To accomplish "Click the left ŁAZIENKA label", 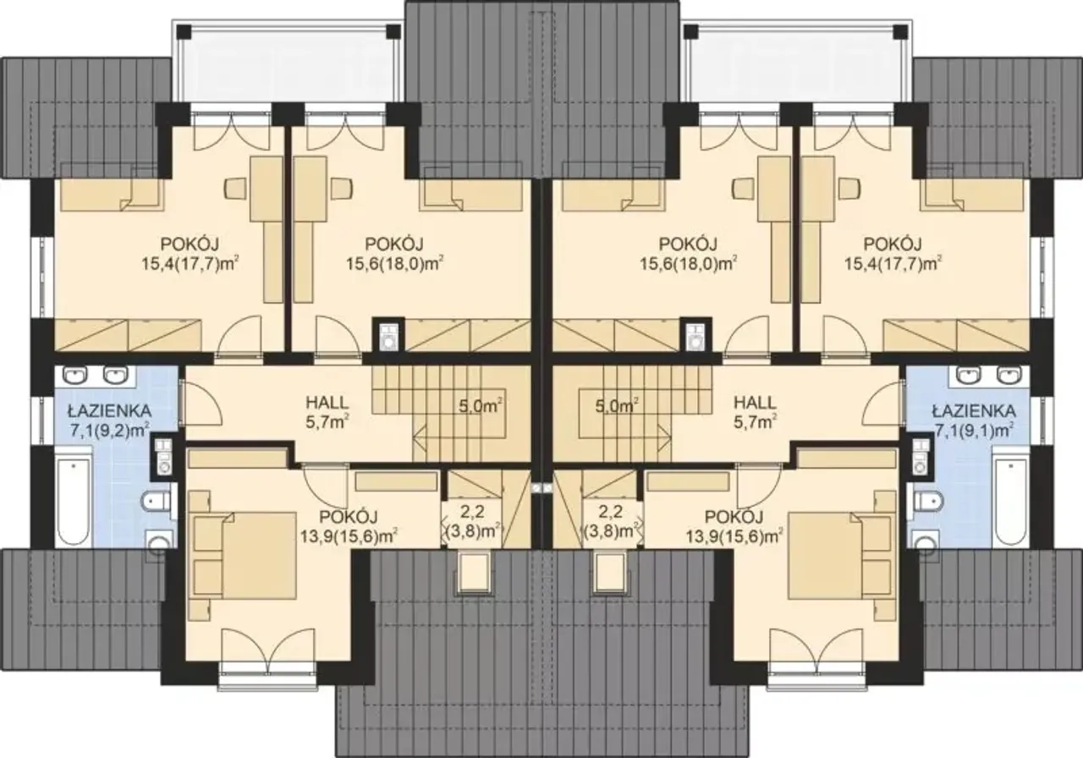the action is pos(109,411).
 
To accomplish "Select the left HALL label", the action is pos(327,402).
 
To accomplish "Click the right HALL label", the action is pos(756,402).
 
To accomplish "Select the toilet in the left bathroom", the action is pos(158,502).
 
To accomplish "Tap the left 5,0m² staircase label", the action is pos(480,407).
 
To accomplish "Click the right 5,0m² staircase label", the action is pos(617,407).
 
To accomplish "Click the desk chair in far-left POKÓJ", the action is pos(237,189).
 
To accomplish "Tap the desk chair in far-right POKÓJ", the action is pos(850,189).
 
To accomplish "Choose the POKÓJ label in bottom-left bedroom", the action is pos(349,517).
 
